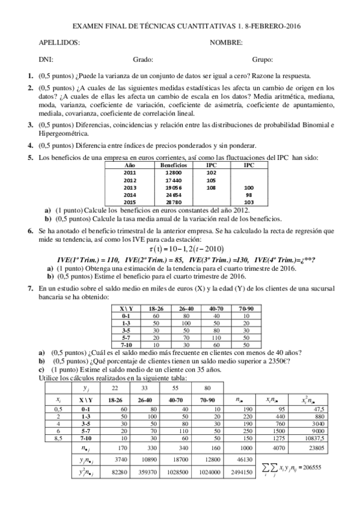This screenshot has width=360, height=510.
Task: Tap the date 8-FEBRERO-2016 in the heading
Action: tap(269, 26)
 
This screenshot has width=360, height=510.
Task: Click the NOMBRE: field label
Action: tap(226, 43)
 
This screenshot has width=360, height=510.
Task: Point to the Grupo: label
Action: tap(263, 60)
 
